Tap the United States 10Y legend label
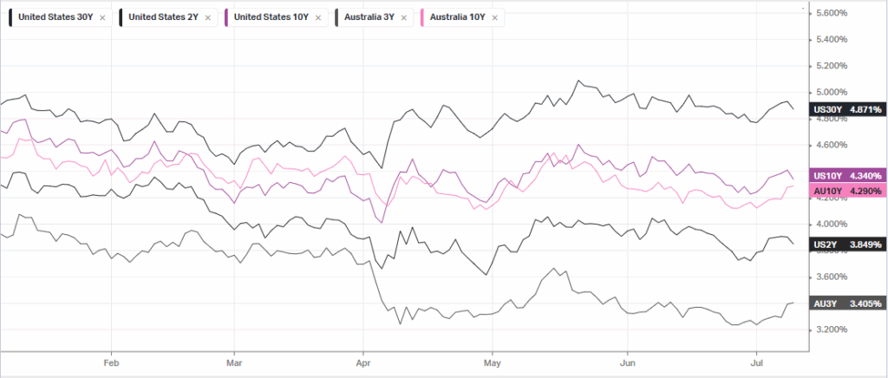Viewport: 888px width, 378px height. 271,17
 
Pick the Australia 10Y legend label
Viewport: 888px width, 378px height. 458,17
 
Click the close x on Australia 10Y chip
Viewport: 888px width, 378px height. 495,17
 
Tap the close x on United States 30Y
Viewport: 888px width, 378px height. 102,17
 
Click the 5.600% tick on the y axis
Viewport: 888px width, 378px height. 832,13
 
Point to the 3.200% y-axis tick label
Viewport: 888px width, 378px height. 832,329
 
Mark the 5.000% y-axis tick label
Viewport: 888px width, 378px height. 832,92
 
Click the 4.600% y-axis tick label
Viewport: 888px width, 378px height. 832,145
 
